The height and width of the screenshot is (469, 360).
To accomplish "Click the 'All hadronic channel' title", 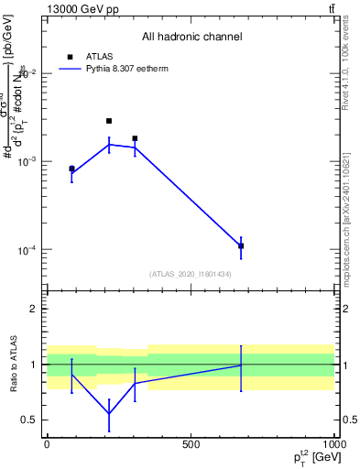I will click(191, 37).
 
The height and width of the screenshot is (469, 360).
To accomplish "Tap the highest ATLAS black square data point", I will click(109, 121).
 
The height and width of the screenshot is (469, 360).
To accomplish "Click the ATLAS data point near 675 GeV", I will click(241, 245).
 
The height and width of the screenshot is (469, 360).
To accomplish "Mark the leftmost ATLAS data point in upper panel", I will click(71, 169).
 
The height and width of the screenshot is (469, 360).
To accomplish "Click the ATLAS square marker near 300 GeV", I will click(135, 138).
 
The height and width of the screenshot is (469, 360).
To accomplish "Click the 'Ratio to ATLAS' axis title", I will click(12, 365).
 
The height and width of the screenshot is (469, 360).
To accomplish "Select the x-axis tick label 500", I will click(191, 444).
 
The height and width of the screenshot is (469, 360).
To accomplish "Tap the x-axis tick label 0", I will click(47, 444).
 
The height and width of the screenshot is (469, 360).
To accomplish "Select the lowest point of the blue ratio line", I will click(109, 414).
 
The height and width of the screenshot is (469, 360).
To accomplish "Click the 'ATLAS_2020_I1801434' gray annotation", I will click(191, 274).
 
